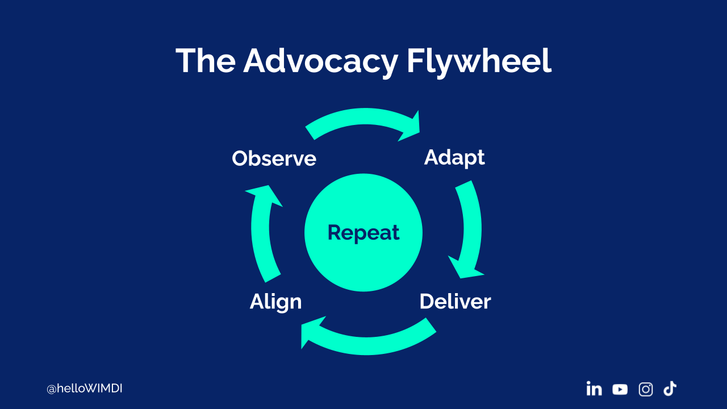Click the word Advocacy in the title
coord(320,61)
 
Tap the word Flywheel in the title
coord(478,61)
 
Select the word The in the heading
coord(205,61)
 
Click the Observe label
coord(274,158)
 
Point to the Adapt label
coord(454,157)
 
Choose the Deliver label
coord(455,302)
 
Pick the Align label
coord(275,302)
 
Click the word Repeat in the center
coord(363,232)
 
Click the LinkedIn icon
coord(594,389)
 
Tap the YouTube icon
coord(620,389)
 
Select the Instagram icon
coord(646,389)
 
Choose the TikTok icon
coord(670,389)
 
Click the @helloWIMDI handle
coord(85,389)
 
